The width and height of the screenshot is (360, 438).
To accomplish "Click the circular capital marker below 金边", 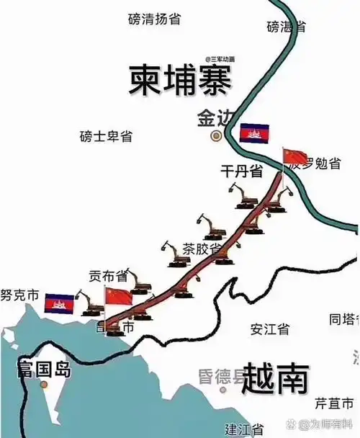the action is (x=215, y=135).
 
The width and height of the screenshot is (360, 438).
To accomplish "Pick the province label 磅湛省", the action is (x=286, y=27).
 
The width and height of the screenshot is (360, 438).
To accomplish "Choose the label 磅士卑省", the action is (x=107, y=136).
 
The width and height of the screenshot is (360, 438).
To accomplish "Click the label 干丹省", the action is (x=241, y=171).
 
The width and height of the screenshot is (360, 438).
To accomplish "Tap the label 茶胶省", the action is (x=202, y=249).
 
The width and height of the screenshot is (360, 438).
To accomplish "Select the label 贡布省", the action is (x=108, y=276).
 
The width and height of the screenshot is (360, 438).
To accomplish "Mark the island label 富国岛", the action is (x=45, y=371).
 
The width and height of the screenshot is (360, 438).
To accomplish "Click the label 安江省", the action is (x=269, y=329).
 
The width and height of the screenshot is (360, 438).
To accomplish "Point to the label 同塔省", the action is (x=343, y=318).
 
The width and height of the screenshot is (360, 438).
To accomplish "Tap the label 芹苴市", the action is (x=334, y=401).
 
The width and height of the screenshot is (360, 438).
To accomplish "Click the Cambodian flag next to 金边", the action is (x=253, y=133).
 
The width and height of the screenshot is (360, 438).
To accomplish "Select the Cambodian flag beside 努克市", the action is (x=59, y=303).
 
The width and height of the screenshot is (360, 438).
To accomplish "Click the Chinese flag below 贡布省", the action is (x=119, y=296).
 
